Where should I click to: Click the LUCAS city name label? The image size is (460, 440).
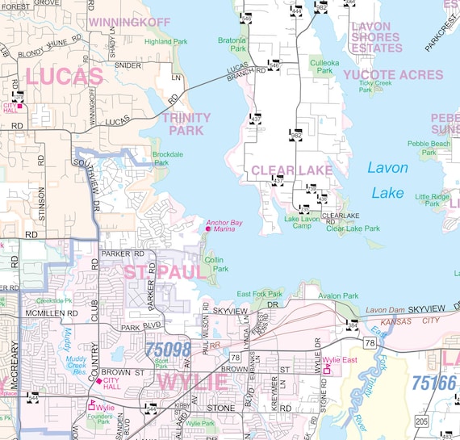tap(64, 78)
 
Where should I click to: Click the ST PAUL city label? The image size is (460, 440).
tap(165, 271)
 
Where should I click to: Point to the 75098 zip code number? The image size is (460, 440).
tap(169, 350)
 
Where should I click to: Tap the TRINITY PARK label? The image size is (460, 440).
tap(186, 124)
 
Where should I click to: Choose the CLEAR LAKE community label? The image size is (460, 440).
tap(291, 170)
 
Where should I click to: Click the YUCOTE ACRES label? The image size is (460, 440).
tap(392, 74)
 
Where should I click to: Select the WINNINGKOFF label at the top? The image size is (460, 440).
tap(131, 22)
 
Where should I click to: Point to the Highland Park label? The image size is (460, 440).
tap(165, 41)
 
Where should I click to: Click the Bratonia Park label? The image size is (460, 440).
tap(232, 44)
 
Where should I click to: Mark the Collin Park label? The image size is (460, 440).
tap(215, 264)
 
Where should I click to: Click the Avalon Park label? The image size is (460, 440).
tap(338, 295)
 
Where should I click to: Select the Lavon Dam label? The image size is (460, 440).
tap(384, 310)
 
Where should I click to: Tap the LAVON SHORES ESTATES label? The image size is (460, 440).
tap(376, 37)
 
